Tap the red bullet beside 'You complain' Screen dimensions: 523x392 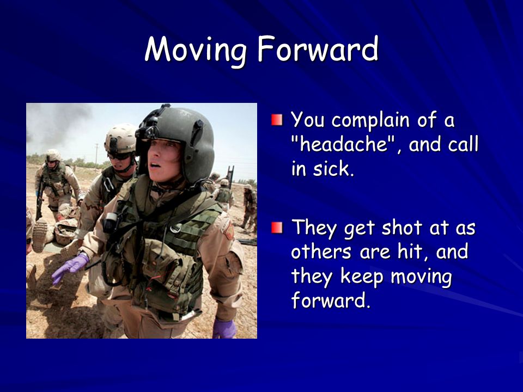(x=277, y=120)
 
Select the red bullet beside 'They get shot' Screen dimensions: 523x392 (x=277, y=228)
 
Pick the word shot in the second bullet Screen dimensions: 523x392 (x=402, y=228)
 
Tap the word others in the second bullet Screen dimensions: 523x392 (x=321, y=252)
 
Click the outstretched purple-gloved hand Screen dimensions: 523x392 (x=70, y=267)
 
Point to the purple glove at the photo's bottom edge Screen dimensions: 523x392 (x=224, y=329)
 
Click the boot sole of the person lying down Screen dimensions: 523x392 (x=40, y=235)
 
